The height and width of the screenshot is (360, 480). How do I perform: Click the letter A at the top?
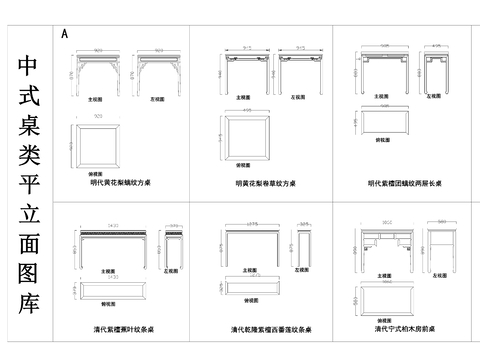[x=64, y=33]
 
